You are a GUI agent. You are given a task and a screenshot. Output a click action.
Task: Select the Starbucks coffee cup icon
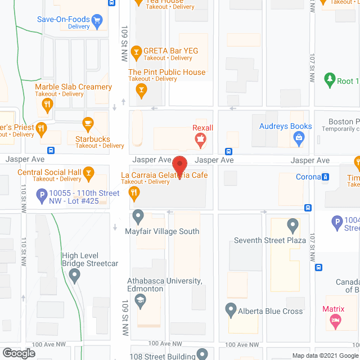click(87, 123)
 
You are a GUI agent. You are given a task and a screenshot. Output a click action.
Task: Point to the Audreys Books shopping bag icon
click(300, 137)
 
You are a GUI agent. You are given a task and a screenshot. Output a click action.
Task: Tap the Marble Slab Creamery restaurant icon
click(48, 103)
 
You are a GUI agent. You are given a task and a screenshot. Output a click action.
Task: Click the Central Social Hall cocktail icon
click(88, 172)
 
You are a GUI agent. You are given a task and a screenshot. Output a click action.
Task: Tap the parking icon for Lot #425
click(41, 196)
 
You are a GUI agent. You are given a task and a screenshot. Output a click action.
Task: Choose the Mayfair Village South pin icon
click(138, 216)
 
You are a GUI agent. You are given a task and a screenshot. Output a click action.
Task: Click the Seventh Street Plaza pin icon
click(292, 226)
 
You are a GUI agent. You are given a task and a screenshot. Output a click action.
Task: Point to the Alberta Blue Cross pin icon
click(231, 309)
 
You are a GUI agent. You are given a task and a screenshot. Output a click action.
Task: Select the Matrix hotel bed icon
click(336, 321)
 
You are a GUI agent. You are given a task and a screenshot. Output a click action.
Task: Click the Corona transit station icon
click(326, 177)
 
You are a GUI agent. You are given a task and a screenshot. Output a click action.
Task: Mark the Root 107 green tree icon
click(330, 81)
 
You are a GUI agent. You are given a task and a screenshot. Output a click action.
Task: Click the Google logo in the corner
click(18, 353)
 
